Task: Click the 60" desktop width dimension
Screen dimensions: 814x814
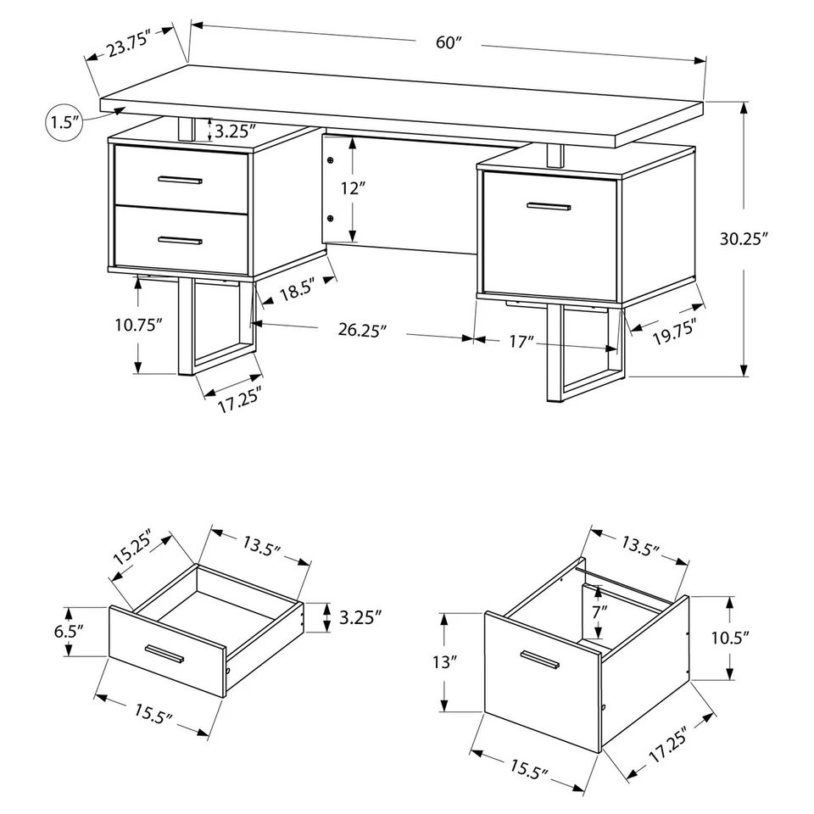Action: pyautogui.click(x=447, y=43)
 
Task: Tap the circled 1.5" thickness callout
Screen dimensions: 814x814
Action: pyautogui.click(x=64, y=122)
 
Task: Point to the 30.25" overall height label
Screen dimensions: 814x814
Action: pyautogui.click(x=744, y=239)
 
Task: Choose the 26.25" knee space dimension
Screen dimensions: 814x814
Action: pyautogui.click(x=362, y=331)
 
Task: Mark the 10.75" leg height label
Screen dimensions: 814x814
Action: pyautogui.click(x=138, y=325)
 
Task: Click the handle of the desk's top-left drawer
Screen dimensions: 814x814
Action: pyautogui.click(x=180, y=180)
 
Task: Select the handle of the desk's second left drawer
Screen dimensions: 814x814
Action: pyautogui.click(x=180, y=241)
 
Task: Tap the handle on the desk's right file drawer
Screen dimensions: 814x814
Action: pyautogui.click(x=548, y=205)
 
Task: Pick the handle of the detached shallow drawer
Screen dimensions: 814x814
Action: pyautogui.click(x=165, y=654)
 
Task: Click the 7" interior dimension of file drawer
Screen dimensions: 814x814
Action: pyautogui.click(x=599, y=610)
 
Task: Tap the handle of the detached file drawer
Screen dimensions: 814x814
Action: pyautogui.click(x=540, y=661)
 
